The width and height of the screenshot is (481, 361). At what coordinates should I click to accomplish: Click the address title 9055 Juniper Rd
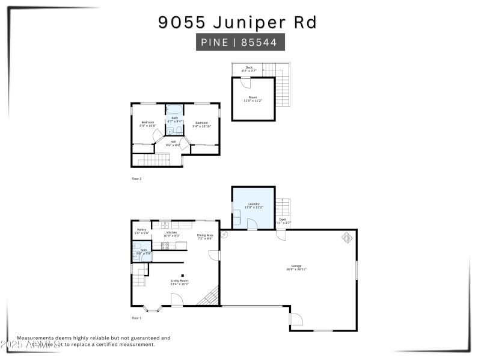coord(237,22)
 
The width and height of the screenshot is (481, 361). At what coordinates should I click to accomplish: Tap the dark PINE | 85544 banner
coord(240,43)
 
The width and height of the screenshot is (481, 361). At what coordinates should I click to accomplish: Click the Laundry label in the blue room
coord(253,205)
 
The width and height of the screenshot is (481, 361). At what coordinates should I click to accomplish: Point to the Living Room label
coord(180,282)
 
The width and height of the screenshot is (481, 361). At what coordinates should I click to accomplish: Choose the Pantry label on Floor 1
coord(142,230)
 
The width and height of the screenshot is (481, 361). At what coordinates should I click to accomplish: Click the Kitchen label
coord(171,233)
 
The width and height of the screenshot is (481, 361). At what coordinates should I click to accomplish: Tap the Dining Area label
coord(205,236)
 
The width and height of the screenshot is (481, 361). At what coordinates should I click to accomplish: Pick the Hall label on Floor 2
coord(173,143)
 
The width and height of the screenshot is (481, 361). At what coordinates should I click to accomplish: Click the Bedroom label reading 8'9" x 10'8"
coord(147,124)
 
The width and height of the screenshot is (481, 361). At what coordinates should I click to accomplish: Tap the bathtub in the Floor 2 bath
coord(175,110)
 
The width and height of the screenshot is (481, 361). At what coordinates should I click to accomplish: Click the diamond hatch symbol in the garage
coord(348,238)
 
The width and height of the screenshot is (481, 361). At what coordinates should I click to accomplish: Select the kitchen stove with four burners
coord(165,245)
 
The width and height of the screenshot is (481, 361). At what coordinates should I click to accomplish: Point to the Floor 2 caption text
coord(136,179)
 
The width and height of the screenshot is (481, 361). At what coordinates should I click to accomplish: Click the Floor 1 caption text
coord(136,317)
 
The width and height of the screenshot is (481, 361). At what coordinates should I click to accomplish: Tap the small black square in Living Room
coord(182,274)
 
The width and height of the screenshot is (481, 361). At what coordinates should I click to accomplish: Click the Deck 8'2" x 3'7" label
coord(249,69)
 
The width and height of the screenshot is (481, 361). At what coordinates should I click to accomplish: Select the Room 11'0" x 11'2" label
coord(253,99)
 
